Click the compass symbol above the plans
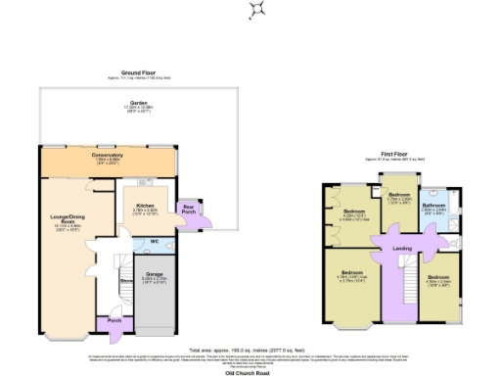[x=257, y=11]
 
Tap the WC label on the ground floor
[x=154, y=241]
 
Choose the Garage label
[x=154, y=275]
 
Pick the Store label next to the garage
[x=126, y=280]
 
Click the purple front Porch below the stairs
[x=114, y=321]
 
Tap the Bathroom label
[x=433, y=206]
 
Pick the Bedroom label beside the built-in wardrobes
[x=354, y=212]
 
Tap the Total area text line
[x=250, y=349]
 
